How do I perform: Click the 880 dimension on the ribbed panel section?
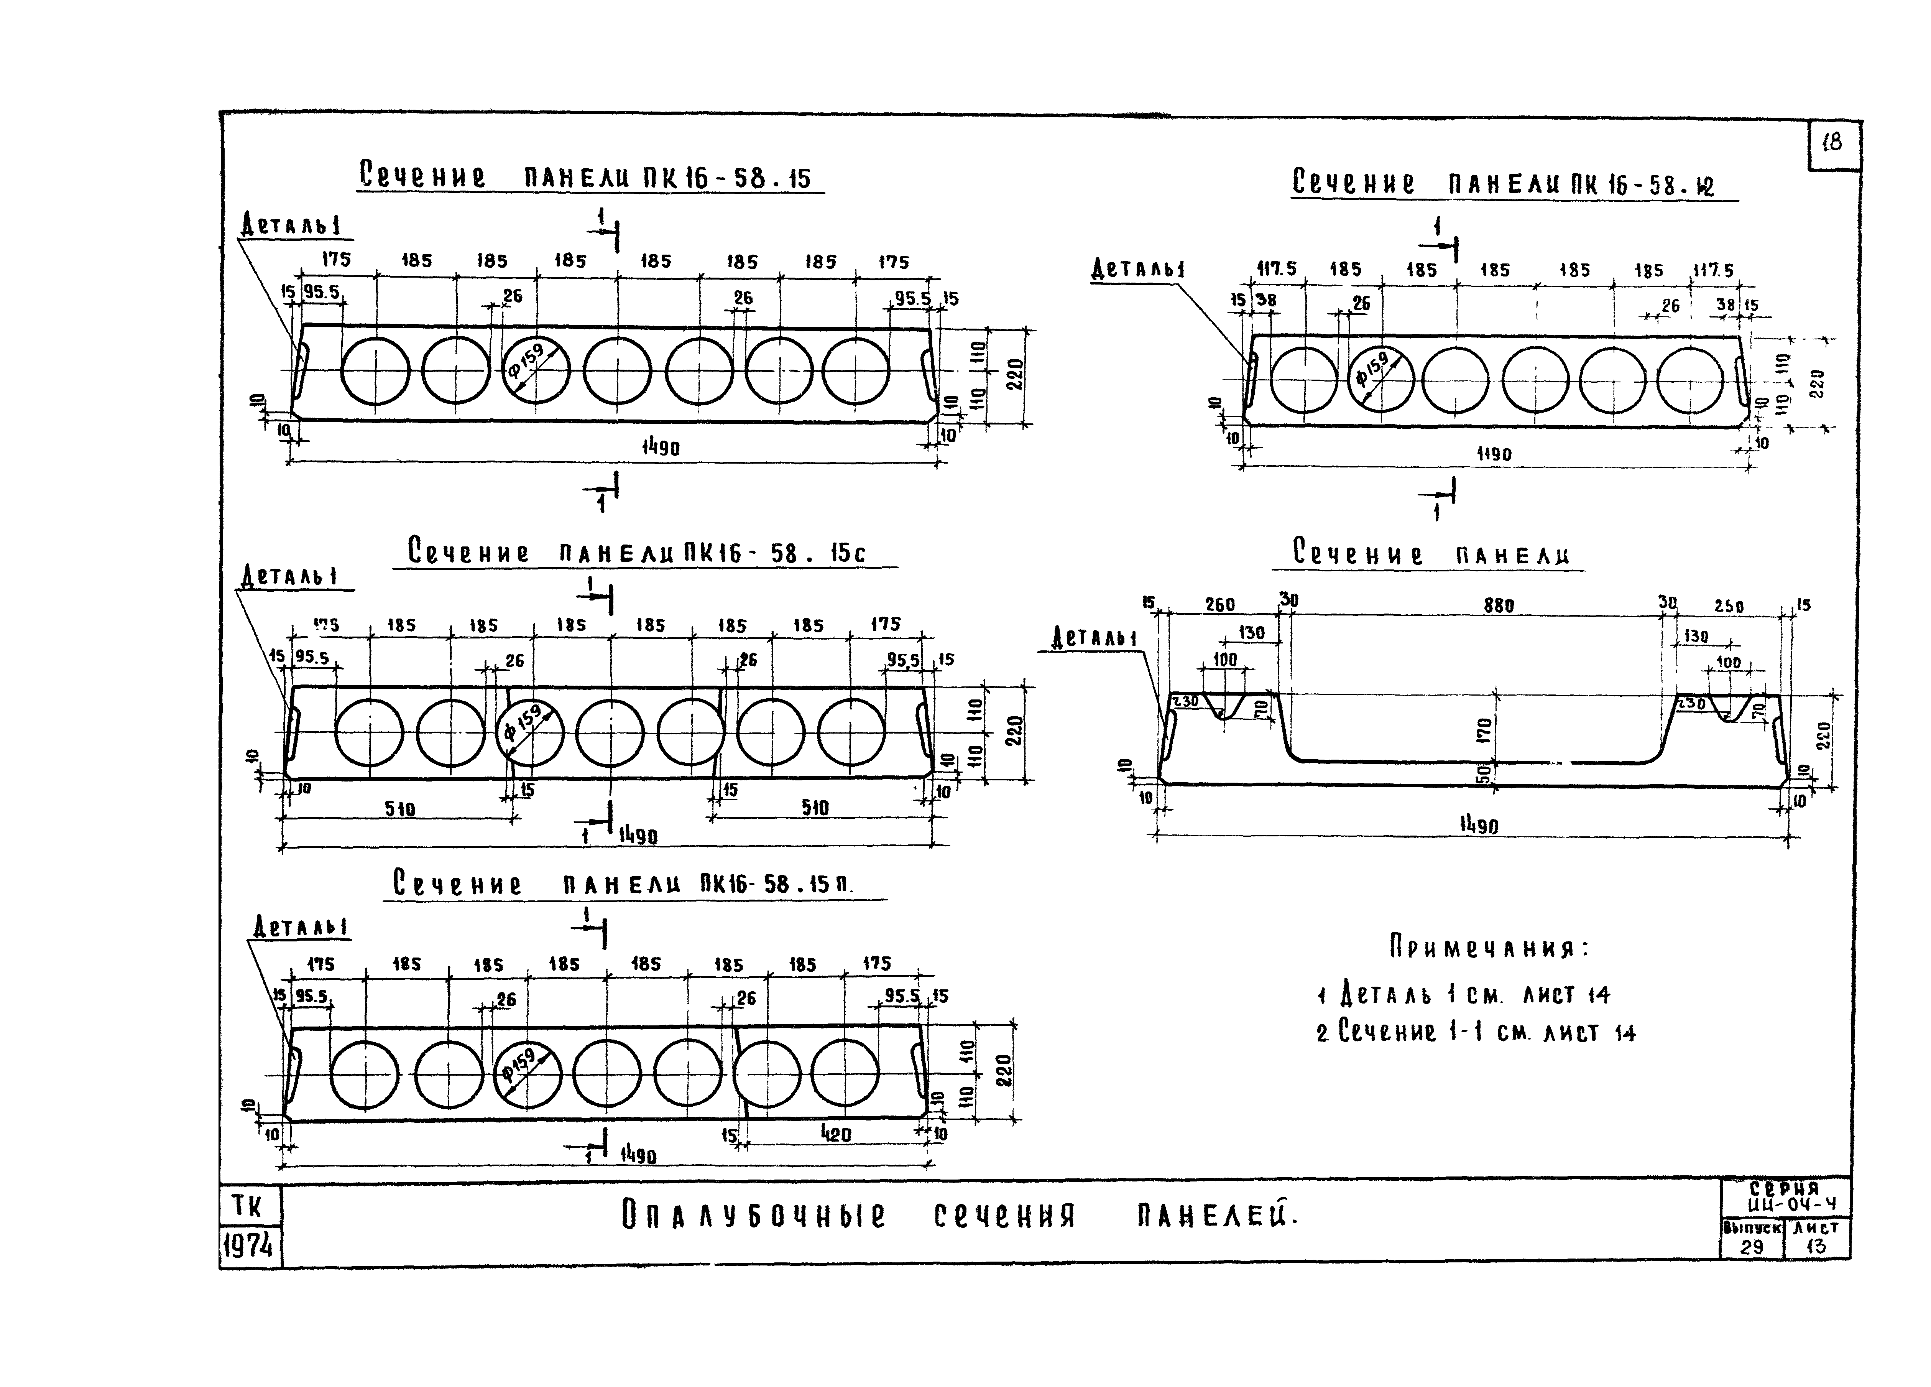tap(1499, 605)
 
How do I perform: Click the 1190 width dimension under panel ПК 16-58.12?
tap(1493, 455)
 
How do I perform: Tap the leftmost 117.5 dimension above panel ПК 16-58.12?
tap(1276, 269)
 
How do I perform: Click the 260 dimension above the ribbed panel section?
tap(1219, 604)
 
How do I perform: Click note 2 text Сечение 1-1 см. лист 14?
tap(1476, 1032)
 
